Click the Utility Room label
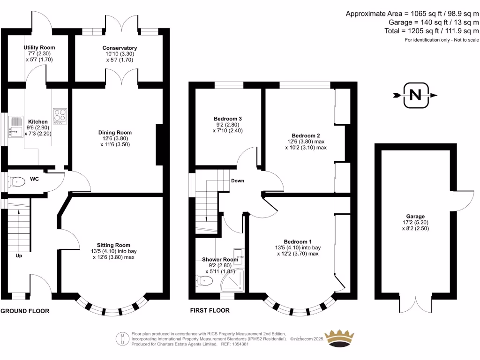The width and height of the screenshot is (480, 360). coord(39,48)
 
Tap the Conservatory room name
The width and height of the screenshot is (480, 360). coord(120,48)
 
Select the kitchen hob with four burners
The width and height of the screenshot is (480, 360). coord(60,116)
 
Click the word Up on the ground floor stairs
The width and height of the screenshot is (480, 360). coord(19,256)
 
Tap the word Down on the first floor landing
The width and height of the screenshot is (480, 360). coord(237,180)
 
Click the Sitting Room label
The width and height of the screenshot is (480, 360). coord(113,245)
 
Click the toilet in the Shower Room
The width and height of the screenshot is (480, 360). coord(204,280)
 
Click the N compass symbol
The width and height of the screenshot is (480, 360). coord(415,95)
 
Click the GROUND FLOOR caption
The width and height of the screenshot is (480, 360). coord(25,311)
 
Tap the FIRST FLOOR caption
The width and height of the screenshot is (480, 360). coord(210,310)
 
